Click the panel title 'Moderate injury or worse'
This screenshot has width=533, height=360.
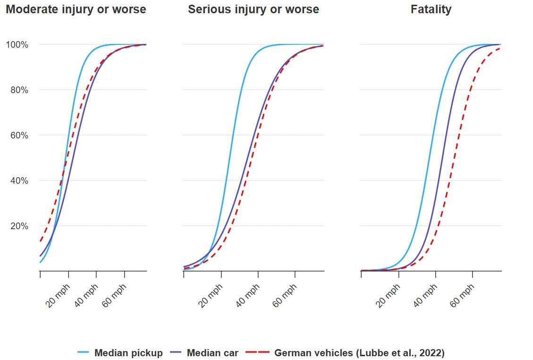coord(76,9)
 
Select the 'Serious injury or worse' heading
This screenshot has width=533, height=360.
coord(254,9)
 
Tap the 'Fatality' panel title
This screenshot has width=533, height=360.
coord(431,9)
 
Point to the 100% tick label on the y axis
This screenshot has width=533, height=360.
coord(17,45)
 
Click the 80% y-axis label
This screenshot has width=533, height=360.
coord(19,90)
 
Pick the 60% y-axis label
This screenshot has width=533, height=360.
coord(19,136)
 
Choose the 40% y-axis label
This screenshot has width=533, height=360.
coord(19,181)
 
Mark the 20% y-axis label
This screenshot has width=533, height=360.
coord(19,226)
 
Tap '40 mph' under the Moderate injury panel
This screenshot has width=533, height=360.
coord(86,296)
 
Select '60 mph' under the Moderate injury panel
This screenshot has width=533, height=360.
coord(115,296)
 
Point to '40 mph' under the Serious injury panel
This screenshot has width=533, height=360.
coord(247,296)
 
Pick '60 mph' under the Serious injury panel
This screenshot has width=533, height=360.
coord(285,296)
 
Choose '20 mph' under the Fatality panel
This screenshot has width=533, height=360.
coord(388,296)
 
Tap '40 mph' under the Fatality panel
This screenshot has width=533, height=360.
coord(425,296)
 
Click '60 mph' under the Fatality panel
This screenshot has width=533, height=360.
coord(462,296)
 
